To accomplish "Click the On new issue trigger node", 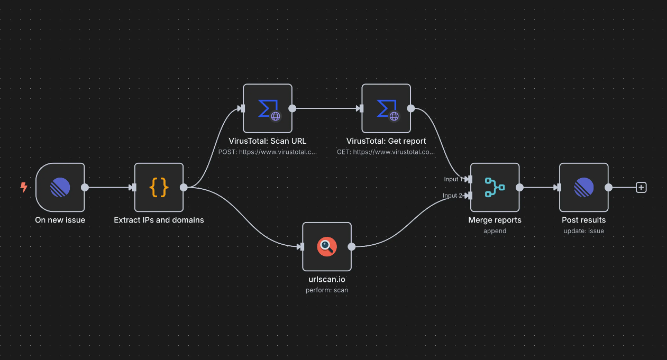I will tap(60, 187).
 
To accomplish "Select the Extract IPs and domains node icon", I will tap(159, 187).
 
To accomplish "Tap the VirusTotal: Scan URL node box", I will tap(267, 108).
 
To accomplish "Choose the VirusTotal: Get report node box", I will tap(386, 108).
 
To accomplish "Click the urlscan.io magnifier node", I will tap(326, 246).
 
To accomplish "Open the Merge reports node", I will tap(495, 187).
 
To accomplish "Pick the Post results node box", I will tap(583, 187).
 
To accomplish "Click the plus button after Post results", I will tap(641, 187).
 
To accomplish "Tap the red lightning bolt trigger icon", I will tap(24, 187).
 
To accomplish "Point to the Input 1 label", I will tap(452, 179).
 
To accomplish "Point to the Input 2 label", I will tap(452, 196).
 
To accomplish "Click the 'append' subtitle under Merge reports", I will tap(495, 230).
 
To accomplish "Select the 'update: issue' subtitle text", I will tap(583, 230).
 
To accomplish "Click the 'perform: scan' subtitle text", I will tap(326, 290).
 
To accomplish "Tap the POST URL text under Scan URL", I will tap(267, 152).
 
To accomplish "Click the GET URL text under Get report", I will tap(386, 152).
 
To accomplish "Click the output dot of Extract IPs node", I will tap(184, 187).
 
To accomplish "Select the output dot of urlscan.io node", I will tap(351, 246).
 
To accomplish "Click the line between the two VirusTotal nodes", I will tap(325, 108).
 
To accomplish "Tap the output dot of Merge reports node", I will tap(519, 187).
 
